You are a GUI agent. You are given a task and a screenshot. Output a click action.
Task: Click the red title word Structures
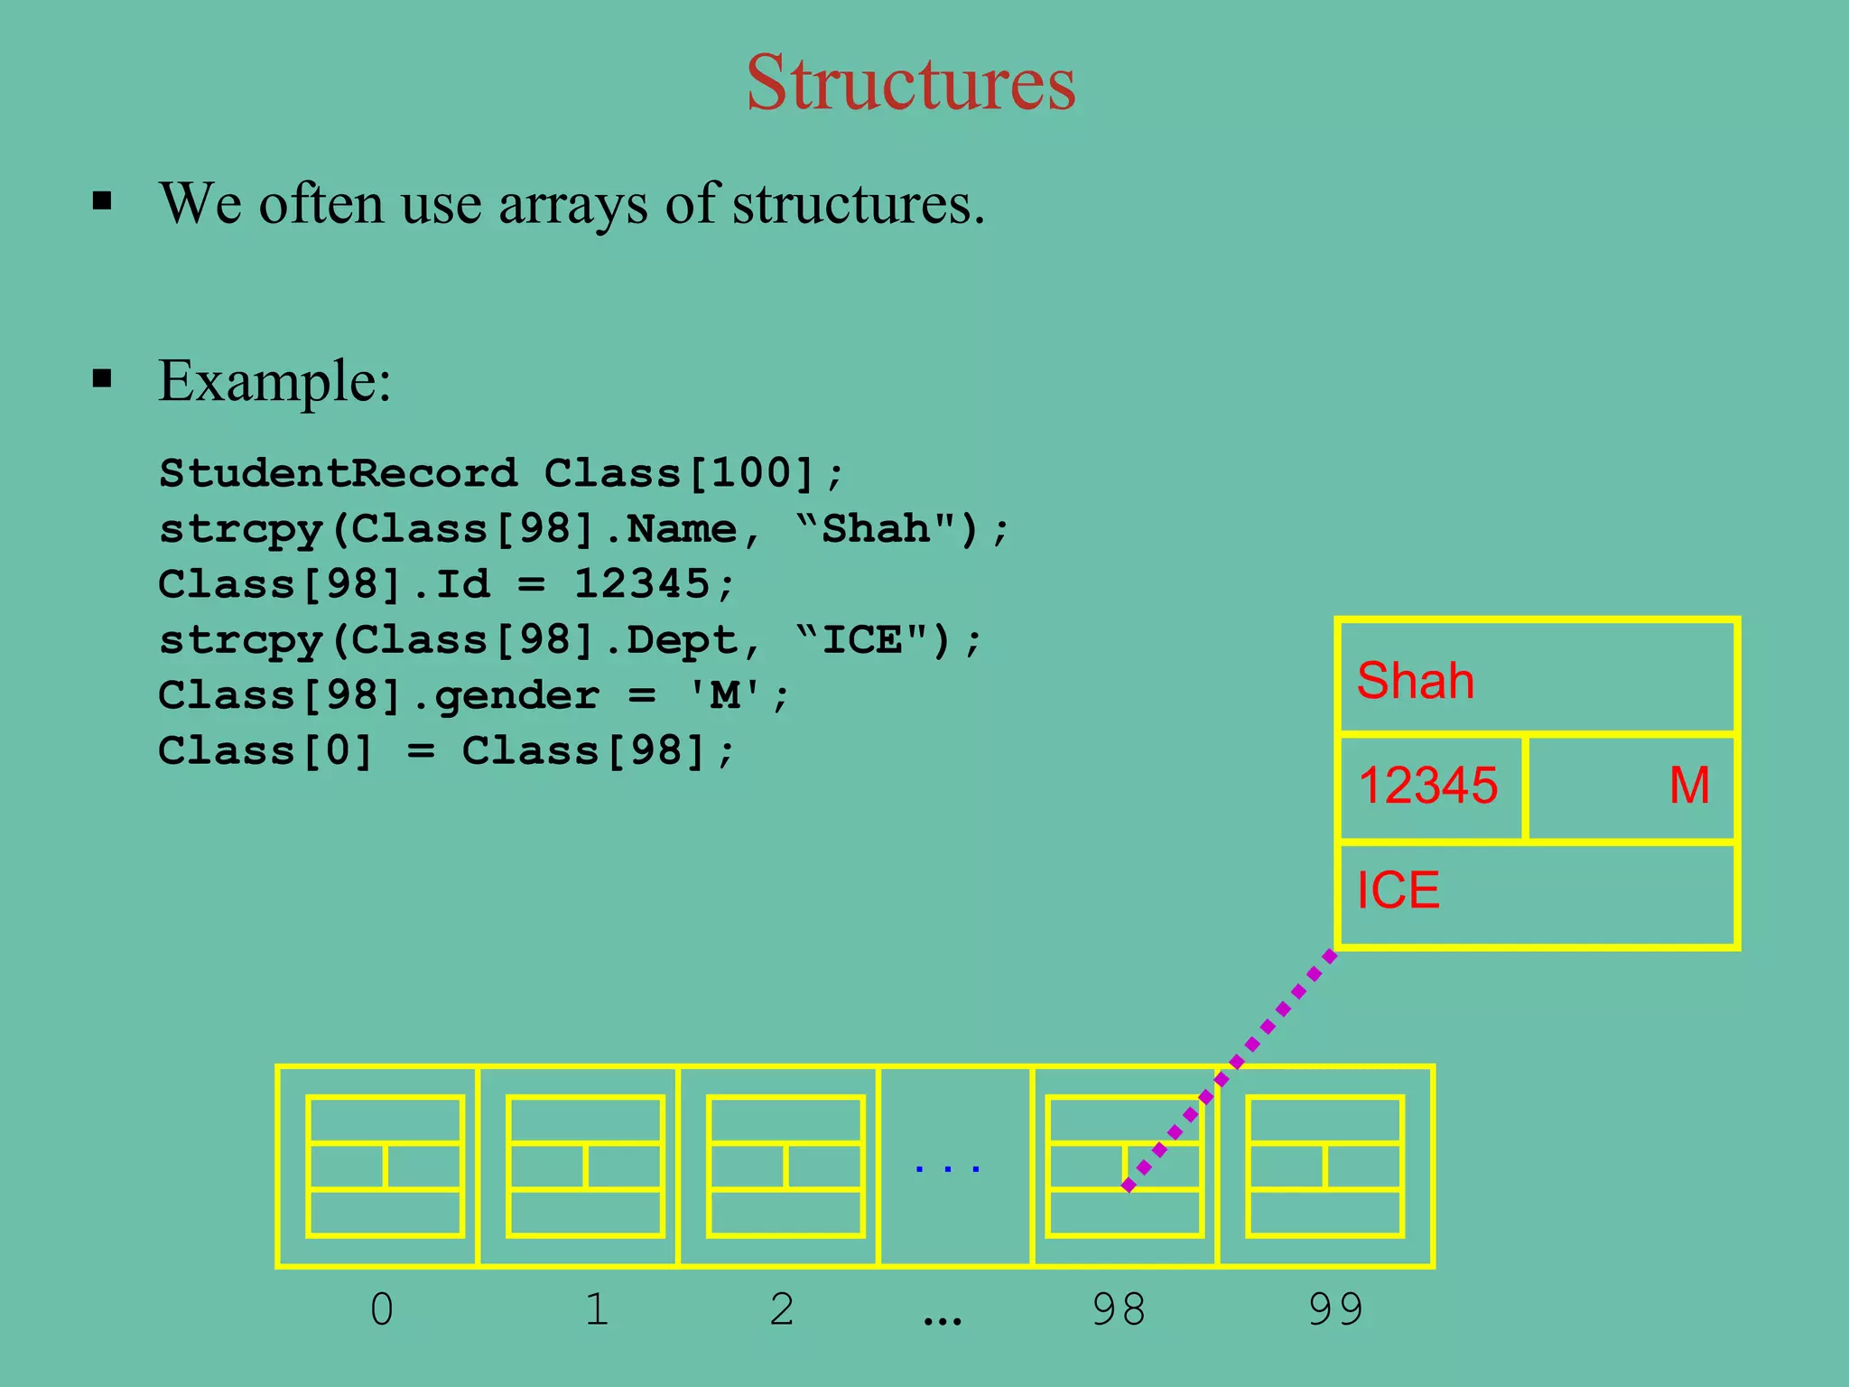(911, 82)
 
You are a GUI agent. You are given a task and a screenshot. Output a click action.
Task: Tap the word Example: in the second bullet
(274, 380)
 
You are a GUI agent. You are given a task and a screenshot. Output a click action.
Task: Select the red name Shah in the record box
(1415, 680)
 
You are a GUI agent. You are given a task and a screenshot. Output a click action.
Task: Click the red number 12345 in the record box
(1427, 785)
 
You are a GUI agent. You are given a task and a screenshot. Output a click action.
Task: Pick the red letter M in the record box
(1689, 785)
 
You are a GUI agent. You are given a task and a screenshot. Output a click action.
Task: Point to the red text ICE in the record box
(1398, 890)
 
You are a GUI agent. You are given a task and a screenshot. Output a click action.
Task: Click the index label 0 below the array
(382, 1308)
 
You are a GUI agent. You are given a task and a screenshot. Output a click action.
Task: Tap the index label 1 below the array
(596, 1308)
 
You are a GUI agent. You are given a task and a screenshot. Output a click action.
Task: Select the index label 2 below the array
(782, 1308)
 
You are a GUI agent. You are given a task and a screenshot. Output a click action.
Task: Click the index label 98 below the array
(1118, 1308)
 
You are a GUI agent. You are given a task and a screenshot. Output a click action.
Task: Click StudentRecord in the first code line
(339, 473)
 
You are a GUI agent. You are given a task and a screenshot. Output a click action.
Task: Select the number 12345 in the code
(642, 584)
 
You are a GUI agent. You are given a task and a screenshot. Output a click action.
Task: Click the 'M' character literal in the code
(725, 695)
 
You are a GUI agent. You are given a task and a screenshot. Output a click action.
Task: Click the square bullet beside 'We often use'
(102, 200)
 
